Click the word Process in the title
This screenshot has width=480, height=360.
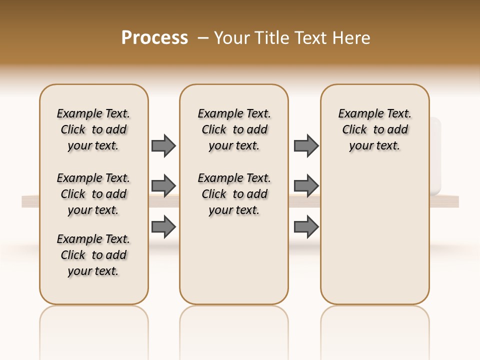(x=154, y=37)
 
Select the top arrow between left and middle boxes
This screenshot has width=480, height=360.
(x=163, y=145)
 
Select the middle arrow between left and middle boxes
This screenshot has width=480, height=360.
(x=163, y=186)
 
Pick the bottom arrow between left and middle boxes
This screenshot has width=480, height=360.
(x=163, y=226)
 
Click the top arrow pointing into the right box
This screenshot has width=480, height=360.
(x=306, y=145)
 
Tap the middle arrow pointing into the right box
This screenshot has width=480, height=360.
(x=306, y=186)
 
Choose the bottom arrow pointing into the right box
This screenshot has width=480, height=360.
(x=306, y=226)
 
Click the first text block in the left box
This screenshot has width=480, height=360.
(x=93, y=129)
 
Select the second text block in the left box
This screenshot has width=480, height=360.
(x=93, y=194)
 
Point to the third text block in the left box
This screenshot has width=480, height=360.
(x=93, y=255)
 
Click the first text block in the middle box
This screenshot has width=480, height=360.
(x=234, y=129)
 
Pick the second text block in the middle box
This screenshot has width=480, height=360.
(x=234, y=194)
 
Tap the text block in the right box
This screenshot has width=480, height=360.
(x=374, y=129)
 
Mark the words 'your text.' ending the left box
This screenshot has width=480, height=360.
(x=93, y=271)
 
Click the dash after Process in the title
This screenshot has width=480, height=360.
(x=203, y=37)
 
